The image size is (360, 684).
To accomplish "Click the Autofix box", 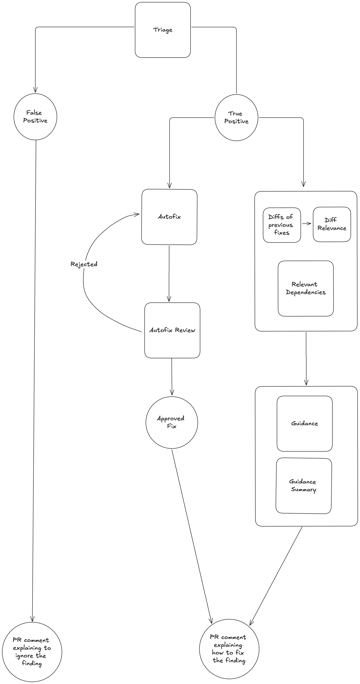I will (x=169, y=228).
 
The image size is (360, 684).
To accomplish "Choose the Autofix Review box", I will (x=172, y=343).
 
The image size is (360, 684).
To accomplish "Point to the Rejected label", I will (x=84, y=264).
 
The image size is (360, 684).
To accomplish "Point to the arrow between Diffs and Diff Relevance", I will (x=307, y=224).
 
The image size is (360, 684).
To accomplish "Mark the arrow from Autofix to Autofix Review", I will (x=169, y=274).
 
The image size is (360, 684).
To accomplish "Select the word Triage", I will (x=163, y=30).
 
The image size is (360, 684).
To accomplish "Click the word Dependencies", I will (x=306, y=292).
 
